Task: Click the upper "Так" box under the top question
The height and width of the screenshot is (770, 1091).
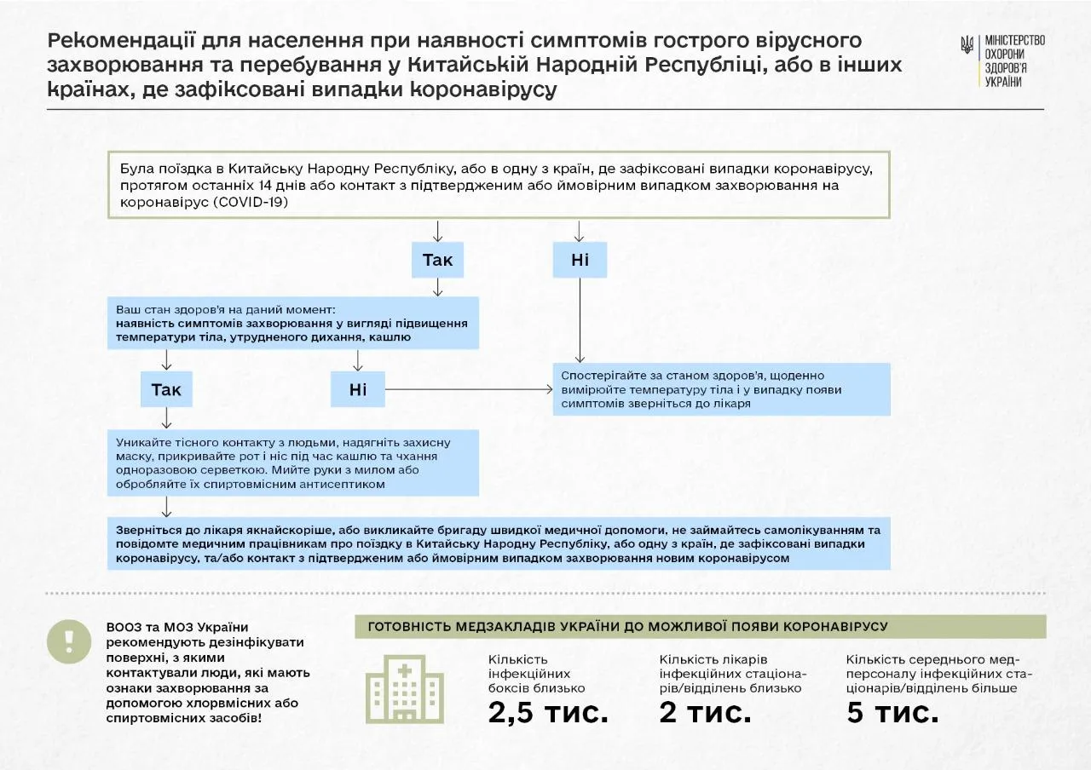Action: pyautogui.click(x=437, y=260)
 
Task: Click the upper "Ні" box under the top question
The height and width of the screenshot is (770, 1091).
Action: pyautogui.click(x=580, y=260)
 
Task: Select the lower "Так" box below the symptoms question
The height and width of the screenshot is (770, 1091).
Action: pyautogui.click(x=166, y=389)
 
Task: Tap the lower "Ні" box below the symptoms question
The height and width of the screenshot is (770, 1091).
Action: pyautogui.click(x=358, y=389)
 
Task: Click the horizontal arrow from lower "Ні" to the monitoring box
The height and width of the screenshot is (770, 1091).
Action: pyautogui.click(x=469, y=389)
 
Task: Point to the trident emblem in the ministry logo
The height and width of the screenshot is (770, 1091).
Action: pyautogui.click(x=967, y=46)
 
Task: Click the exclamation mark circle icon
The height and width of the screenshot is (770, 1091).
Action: pyautogui.click(x=69, y=641)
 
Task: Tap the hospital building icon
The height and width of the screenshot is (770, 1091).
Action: pyautogui.click(x=405, y=689)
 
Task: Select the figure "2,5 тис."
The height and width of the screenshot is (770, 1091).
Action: pyautogui.click(x=548, y=713)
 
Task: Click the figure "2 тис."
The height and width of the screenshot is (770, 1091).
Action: pyautogui.click(x=705, y=713)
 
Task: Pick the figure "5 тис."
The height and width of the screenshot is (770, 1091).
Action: pyautogui.click(x=892, y=713)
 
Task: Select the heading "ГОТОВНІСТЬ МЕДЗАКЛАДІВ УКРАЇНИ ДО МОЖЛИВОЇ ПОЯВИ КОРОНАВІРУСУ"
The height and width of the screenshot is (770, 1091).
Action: pyautogui.click(x=627, y=627)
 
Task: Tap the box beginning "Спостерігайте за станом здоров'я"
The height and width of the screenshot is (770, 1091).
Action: pyautogui.click(x=721, y=389)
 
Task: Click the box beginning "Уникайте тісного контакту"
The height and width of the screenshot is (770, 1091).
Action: pyautogui.click(x=293, y=463)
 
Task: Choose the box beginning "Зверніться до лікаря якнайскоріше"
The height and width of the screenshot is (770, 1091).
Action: pyautogui.click(x=499, y=543)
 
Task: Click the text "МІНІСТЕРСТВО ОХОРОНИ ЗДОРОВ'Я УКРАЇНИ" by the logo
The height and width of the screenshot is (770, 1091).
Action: pyautogui.click(x=1013, y=60)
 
